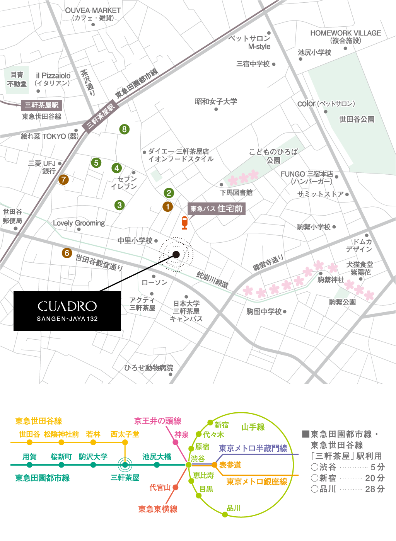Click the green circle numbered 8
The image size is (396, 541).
[x=124, y=129]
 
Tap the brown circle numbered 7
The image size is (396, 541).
[x=63, y=179]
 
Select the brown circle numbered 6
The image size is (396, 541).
[x=67, y=253]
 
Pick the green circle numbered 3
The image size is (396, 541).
[x=119, y=205]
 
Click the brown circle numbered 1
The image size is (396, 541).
[x=167, y=207]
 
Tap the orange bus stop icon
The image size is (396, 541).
[x=184, y=223]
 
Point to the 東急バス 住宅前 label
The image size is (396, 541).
[x=216, y=209]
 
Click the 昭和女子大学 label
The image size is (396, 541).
[x=216, y=102]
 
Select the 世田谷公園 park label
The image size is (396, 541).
[x=357, y=119]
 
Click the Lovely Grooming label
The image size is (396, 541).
[x=79, y=223]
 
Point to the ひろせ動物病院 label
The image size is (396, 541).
[x=148, y=367]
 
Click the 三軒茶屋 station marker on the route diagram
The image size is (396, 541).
[x=125, y=465]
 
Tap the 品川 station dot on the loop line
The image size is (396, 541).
[x=225, y=514]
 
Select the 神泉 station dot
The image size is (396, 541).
[x=176, y=442]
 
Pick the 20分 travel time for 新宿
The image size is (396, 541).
[x=375, y=478]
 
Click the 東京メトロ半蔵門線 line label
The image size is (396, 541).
[x=253, y=448]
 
